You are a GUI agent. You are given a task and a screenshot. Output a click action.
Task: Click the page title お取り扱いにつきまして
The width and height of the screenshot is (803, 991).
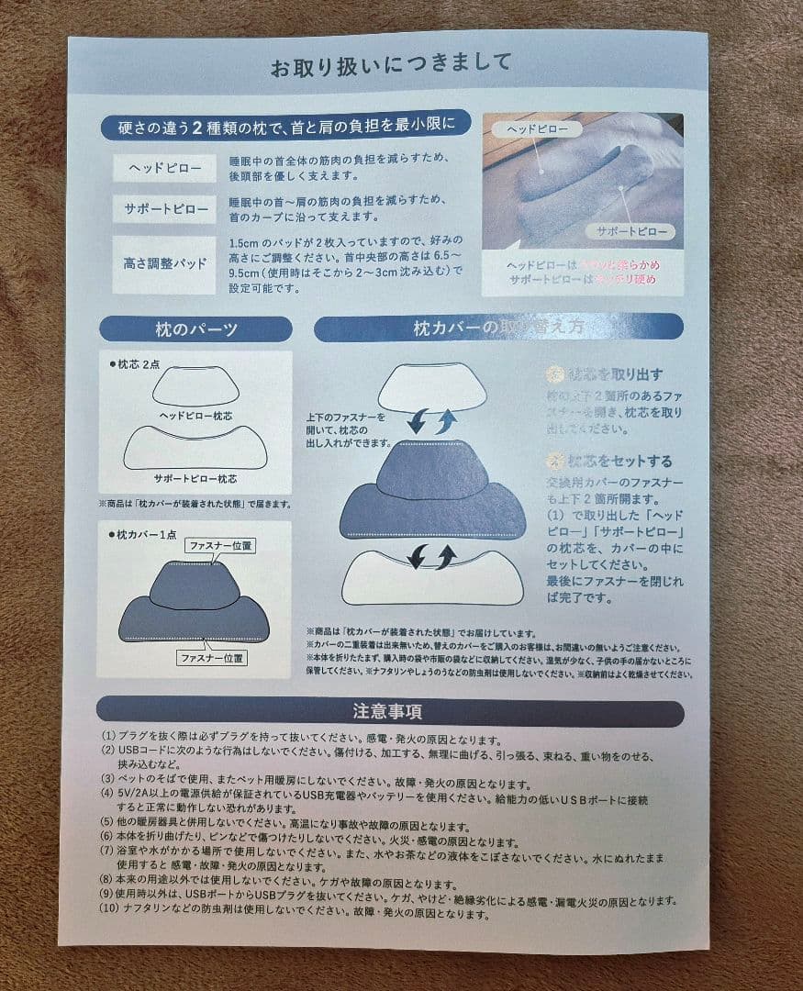[390, 66]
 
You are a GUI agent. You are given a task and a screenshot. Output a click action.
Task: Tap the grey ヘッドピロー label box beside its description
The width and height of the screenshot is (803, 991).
[165, 168]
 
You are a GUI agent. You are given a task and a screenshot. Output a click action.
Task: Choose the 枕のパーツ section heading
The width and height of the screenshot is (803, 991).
[195, 328]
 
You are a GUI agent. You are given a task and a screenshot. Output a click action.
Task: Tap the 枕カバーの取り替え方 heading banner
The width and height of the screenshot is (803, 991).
[498, 328]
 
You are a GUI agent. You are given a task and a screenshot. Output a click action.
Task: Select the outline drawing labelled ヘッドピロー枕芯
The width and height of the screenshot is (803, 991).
[195, 386]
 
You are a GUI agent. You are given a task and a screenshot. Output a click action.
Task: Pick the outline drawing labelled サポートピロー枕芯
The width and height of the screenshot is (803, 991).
[195, 448]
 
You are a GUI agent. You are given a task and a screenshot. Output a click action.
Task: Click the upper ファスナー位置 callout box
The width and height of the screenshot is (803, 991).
[219, 546]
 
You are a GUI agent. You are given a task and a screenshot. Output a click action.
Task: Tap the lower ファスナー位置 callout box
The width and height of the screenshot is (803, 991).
[212, 657]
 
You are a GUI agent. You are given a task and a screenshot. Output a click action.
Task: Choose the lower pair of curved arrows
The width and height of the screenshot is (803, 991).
[431, 556]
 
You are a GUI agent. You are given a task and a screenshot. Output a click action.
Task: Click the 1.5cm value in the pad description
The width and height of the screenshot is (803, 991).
[244, 245]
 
